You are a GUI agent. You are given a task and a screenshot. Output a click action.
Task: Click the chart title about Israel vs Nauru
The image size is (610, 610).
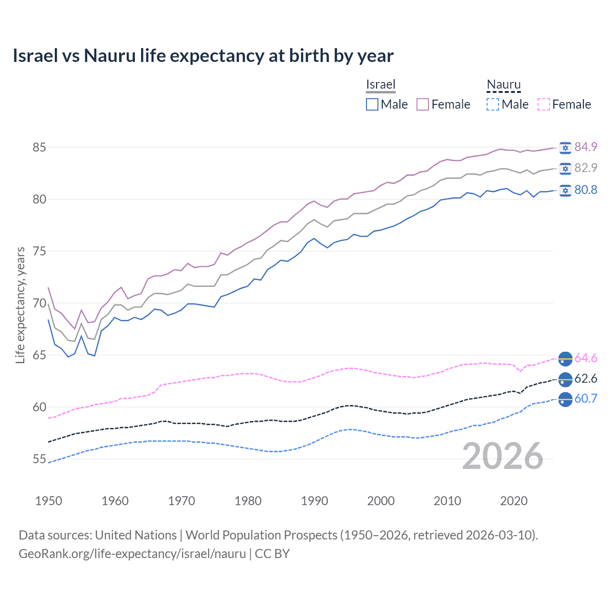[x=203, y=56]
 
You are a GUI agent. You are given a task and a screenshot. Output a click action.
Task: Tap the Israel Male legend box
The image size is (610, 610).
[x=372, y=104]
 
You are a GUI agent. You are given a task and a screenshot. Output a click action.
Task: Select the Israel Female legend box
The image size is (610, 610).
[x=423, y=104]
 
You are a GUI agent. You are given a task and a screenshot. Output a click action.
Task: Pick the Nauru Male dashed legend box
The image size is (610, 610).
[x=493, y=104]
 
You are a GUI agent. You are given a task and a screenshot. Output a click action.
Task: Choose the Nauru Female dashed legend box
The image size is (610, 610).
[x=543, y=104]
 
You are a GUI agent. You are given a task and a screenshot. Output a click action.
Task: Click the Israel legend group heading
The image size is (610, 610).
[x=381, y=84]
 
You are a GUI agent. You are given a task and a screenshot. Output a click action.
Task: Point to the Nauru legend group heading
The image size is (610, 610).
[x=504, y=84]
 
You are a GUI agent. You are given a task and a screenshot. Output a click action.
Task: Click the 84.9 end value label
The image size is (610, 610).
[x=586, y=147]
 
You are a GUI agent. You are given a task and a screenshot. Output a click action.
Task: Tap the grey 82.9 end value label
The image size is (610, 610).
[x=586, y=168]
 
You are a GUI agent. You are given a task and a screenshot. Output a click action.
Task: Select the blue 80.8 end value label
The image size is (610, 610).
[x=586, y=190]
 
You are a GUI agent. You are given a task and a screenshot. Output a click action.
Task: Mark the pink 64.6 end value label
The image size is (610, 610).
[x=586, y=358]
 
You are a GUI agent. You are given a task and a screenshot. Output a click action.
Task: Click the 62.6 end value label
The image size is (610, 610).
[x=586, y=378]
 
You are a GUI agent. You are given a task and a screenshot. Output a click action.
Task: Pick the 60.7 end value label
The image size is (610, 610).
[x=586, y=398]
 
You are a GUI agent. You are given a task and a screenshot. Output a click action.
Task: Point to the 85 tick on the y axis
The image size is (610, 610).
[x=39, y=147]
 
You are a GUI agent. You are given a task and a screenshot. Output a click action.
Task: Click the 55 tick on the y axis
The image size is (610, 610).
[x=39, y=459]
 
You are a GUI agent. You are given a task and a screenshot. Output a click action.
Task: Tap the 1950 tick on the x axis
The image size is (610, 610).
[x=49, y=501]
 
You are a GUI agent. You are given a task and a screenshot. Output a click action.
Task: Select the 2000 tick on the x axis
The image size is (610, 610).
[x=381, y=501]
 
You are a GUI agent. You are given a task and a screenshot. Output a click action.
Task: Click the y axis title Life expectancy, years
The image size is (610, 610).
[x=20, y=305]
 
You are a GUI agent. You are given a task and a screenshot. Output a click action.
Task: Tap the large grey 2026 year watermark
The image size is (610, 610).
[x=503, y=456]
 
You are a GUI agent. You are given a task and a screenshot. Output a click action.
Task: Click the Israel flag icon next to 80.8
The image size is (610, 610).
[x=565, y=190]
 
